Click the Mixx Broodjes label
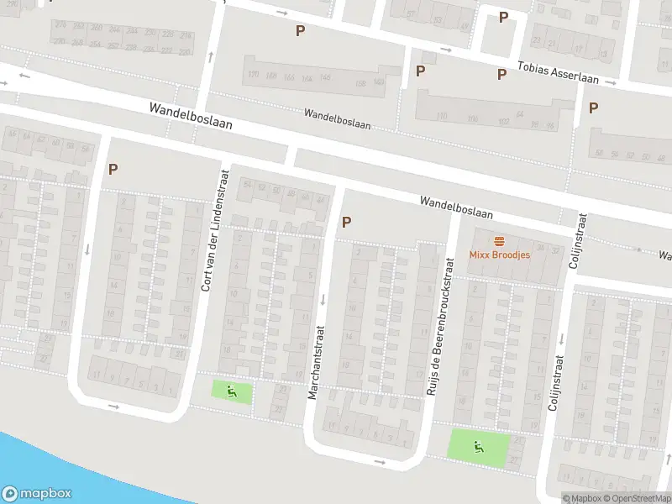click(x=499, y=255)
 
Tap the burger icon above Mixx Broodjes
click(x=499, y=239)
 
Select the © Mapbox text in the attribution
click(x=581, y=498)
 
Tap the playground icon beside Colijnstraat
click(x=479, y=447)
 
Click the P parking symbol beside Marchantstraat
click(x=345, y=223)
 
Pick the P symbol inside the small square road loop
click(x=503, y=18)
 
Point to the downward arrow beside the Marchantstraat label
click(x=323, y=298)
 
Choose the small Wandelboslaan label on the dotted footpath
click(x=337, y=118)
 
